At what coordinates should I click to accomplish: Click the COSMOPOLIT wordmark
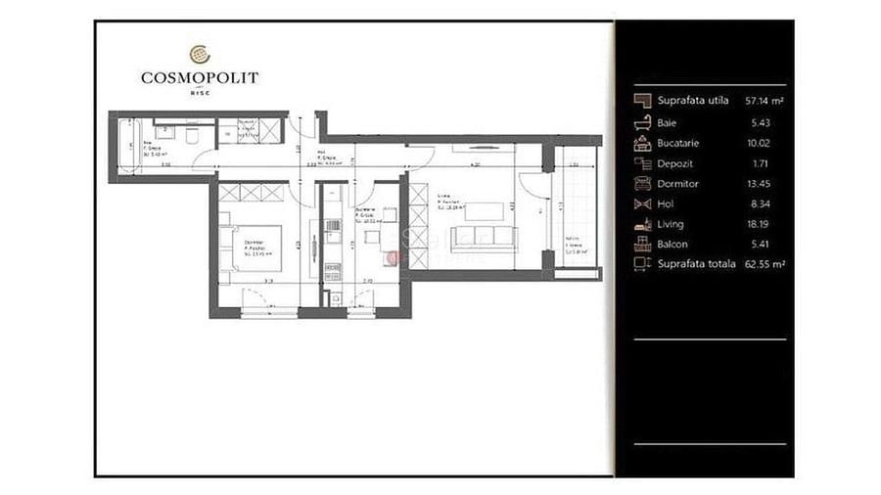(x=199, y=77)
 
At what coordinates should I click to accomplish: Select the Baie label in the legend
(x=667, y=122)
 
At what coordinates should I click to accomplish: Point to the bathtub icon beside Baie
(x=643, y=122)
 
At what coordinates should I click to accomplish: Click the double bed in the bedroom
(x=254, y=247)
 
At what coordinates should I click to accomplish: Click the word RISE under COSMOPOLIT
(x=199, y=93)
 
